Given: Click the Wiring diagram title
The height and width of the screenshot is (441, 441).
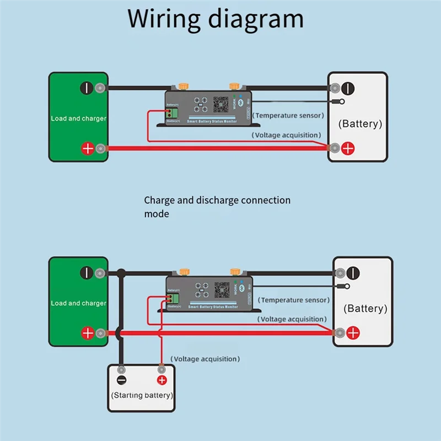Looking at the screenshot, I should coord(216,19).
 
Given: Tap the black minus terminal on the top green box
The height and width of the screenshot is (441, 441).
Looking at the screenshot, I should coord(87,88).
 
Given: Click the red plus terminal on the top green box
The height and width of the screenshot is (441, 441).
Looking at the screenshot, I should coord(87,148).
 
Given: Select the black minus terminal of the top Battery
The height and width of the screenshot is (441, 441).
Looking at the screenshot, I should coord(347,88).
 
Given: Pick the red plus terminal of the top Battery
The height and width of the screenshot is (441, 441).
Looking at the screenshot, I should coord(347,148).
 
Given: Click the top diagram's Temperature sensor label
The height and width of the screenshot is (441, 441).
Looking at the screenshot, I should coord(289,116).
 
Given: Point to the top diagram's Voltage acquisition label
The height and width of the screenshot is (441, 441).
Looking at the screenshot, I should coord(287,135).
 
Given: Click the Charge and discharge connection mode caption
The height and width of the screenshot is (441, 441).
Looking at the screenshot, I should coord(217,207).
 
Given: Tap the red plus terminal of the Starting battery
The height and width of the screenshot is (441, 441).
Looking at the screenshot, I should coord(162,380).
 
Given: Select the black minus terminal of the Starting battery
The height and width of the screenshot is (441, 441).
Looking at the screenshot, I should coord(122,380).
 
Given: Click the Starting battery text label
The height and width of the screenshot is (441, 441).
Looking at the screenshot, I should coord(142,395).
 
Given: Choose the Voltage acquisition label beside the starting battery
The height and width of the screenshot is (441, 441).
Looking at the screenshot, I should coord(205,359).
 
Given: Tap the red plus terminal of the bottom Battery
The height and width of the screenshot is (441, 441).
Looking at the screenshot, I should coord(353,332).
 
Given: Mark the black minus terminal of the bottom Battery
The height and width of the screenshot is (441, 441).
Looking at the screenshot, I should coord(353,272).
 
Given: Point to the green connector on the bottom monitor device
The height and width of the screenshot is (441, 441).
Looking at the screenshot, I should coord(175,298).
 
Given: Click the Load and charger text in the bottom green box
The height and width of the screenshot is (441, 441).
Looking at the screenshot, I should coord(78,303).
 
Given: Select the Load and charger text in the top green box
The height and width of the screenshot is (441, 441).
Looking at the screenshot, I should coord(78,119).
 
